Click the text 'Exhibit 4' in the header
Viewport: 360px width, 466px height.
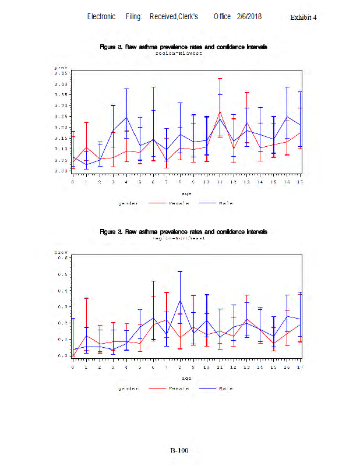pyautogui.click(x=303, y=17)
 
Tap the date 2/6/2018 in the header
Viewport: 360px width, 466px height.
pyautogui.click(x=249, y=16)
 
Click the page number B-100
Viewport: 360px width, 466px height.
pyautogui.click(x=179, y=450)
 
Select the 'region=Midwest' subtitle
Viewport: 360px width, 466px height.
pyautogui.click(x=179, y=52)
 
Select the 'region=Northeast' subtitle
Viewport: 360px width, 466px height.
pyautogui.click(x=179, y=238)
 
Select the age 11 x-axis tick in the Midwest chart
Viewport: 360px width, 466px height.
pyautogui.click(x=220, y=182)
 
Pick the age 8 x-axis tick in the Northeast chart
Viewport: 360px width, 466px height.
pyautogui.click(x=179, y=367)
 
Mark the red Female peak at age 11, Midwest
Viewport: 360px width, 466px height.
pyautogui.click(x=220, y=112)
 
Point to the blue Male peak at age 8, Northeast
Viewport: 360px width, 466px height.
pyautogui.click(x=179, y=301)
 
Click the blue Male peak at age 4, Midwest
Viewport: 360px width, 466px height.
pyautogui.click(x=126, y=117)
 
